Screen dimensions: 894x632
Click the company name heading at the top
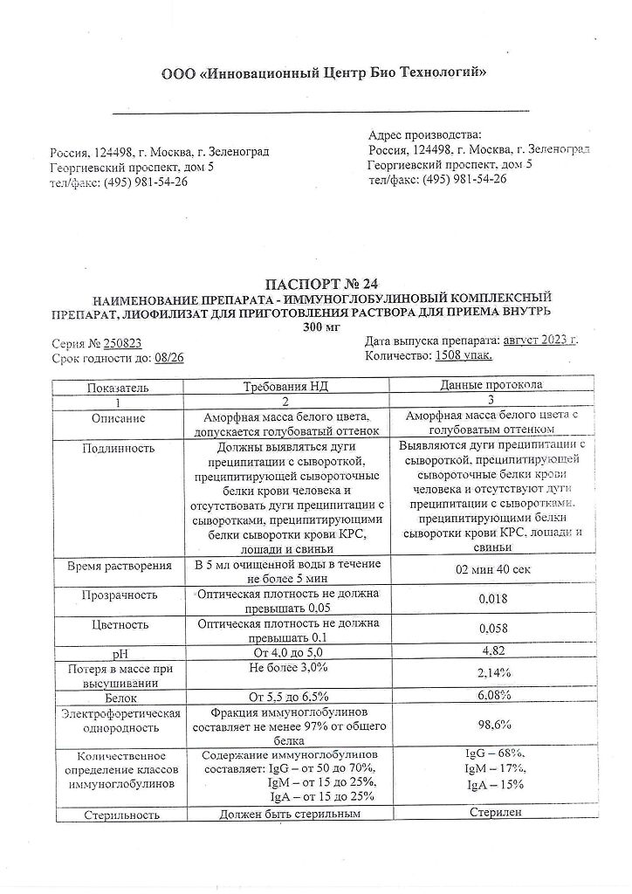(x=325, y=73)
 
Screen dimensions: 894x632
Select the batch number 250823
(x=122, y=343)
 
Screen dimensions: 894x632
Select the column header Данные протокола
(x=493, y=384)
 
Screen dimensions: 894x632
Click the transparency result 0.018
(x=495, y=600)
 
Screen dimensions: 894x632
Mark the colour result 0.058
(x=495, y=629)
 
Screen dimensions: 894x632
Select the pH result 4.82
(x=495, y=650)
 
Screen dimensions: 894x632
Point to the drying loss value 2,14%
(x=495, y=674)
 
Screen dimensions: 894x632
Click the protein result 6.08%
(x=495, y=695)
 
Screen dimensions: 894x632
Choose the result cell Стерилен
(x=495, y=812)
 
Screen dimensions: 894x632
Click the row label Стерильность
(x=122, y=815)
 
